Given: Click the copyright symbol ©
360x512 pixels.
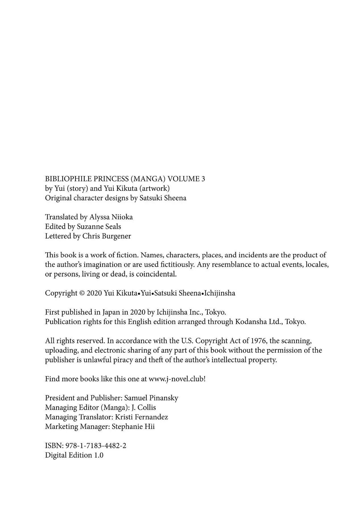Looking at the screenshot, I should click(82, 293).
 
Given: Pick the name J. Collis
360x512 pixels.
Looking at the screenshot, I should click(144, 408).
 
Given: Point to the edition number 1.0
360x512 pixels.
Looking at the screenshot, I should click(98, 455).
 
